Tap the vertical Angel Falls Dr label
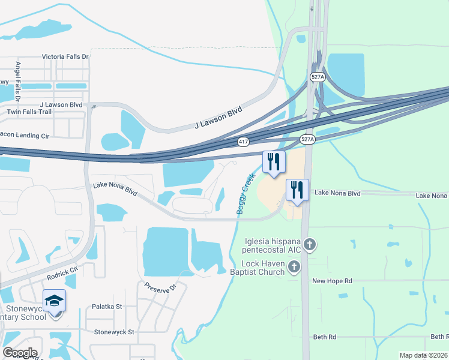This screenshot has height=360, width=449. tap(18, 81)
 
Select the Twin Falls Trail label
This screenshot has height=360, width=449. tap(29, 112)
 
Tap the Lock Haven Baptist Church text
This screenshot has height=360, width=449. tap(263, 268)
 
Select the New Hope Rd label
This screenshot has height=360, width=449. tap(331, 281)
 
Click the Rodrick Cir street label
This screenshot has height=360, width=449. tap(62, 273)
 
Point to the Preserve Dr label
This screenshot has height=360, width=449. tap(159, 287)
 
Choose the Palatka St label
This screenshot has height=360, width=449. tap(107, 307)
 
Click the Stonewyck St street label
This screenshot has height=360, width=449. tap(114, 331)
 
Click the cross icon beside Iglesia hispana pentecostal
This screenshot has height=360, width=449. tap(309, 244)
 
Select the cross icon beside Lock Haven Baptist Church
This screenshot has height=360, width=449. tap(294, 268)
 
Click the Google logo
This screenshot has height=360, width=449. tap(20, 353)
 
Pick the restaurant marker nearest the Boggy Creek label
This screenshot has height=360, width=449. tap(273, 162)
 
